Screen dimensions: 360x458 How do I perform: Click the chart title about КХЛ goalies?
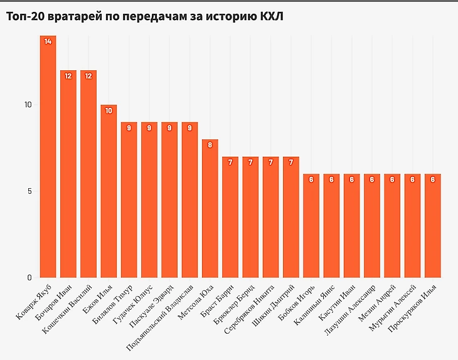[145, 16]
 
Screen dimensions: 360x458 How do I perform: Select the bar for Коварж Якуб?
[48, 157]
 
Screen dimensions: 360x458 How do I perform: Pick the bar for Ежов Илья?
[109, 191]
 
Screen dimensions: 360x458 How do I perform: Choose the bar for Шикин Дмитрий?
[290, 217]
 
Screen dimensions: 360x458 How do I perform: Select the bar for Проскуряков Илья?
[432, 226]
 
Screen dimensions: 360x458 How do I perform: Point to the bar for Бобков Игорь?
[311, 226]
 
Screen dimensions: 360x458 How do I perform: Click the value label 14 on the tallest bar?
[48, 41]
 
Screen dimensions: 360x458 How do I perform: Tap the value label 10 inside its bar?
[109, 110]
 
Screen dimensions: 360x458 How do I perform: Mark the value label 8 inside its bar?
[210, 145]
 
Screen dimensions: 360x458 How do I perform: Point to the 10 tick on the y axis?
[28, 105]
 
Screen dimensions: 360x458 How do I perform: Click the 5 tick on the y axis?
[29, 191]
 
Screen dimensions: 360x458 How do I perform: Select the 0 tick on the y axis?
[29, 278]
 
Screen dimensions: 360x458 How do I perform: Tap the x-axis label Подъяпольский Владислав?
[162, 314]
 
